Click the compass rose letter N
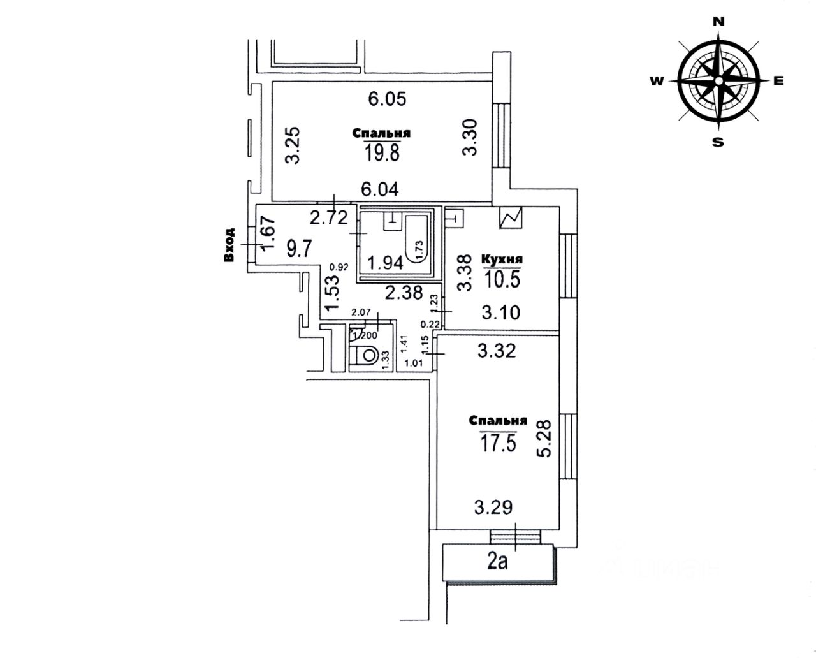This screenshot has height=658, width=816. (x=718, y=21)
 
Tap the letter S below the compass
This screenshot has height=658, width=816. (x=718, y=142)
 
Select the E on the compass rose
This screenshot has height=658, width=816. (x=778, y=81)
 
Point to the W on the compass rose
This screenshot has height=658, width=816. (x=657, y=81)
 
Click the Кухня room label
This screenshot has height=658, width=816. (x=502, y=260)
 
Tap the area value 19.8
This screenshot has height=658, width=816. (x=381, y=152)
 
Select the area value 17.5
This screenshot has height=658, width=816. (x=497, y=442)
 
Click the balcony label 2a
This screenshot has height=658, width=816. (x=497, y=562)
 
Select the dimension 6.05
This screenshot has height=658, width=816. (x=388, y=99)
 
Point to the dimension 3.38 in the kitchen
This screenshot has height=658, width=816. (x=465, y=273)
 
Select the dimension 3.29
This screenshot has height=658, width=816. (x=493, y=508)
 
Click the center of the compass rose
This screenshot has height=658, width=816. (x=718, y=81)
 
